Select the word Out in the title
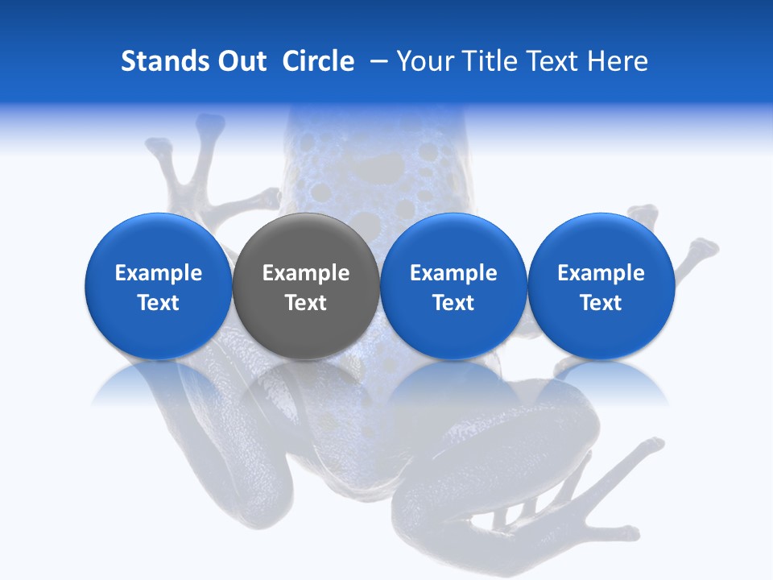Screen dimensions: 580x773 pos(239,61)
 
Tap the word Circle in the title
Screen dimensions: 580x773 pos(318,61)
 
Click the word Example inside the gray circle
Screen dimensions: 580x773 pos(306,273)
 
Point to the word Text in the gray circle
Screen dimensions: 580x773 pos(306,303)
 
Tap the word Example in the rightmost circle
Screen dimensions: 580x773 pos(601,273)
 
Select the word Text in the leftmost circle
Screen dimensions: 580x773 pos(158,303)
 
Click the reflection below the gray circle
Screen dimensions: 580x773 pos(306,383)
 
